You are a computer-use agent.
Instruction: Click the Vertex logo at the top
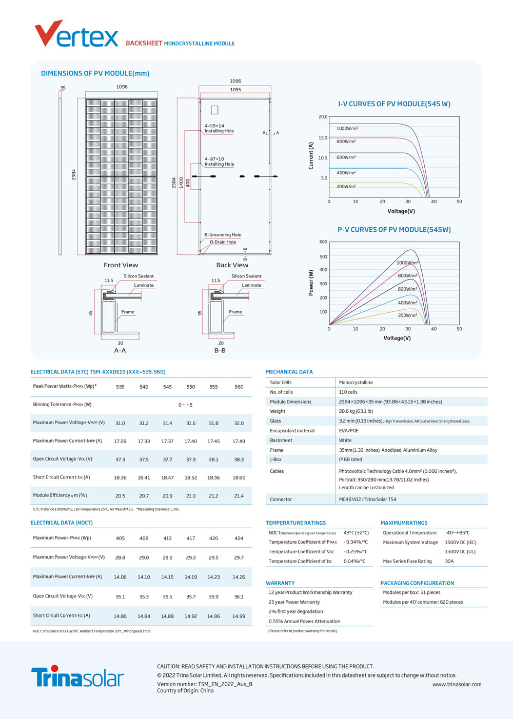[76, 34]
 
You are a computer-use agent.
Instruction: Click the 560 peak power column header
[239, 387]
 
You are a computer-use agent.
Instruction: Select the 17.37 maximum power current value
[167, 442]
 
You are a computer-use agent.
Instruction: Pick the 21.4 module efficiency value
[239, 496]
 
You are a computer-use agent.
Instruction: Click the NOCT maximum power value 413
[167, 538]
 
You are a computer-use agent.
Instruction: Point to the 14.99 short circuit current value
[239, 616]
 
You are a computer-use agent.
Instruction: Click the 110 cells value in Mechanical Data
[348, 392]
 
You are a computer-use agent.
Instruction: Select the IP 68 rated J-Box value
[350, 460]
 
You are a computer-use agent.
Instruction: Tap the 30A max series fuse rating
[449, 561]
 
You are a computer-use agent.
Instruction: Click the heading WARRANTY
[280, 583]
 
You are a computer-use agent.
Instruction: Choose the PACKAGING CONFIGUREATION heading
[417, 583]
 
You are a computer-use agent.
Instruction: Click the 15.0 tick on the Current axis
[323, 138]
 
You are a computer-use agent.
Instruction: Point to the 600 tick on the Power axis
[323, 242]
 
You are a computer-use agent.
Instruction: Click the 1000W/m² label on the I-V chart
[347, 128]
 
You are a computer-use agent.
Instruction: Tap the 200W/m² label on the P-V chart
[407, 315]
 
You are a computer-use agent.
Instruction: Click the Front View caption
[121, 265]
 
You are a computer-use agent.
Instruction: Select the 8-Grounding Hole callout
[223, 235]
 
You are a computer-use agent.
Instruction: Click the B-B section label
[220, 350]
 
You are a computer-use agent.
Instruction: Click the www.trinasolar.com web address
[457, 684]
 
